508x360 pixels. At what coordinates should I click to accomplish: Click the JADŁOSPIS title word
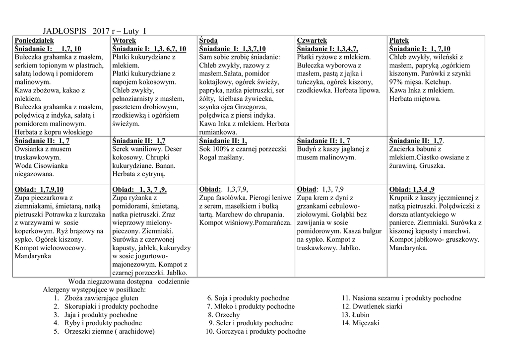62,31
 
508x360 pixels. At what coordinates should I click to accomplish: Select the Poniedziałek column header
35,40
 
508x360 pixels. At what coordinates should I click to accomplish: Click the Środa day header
208,40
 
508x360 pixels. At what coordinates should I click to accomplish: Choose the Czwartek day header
312,40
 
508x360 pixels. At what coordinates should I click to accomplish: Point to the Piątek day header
399,40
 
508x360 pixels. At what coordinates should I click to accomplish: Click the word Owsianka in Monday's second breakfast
30,149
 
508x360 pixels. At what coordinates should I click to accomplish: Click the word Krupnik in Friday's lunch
403,198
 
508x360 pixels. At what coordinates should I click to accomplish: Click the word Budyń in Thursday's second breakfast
308,149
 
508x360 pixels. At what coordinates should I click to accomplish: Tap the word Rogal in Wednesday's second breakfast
208,157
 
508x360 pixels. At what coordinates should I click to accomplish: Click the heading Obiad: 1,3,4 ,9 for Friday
412,189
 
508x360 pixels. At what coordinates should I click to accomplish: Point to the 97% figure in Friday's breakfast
396,82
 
